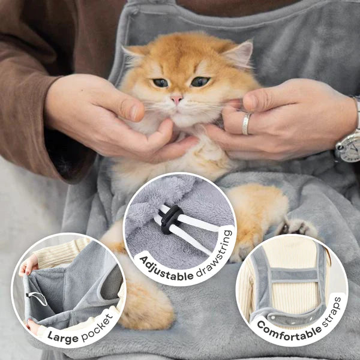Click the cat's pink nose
pyautogui.click(x=177, y=99)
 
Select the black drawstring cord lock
pyautogui.click(x=169, y=220)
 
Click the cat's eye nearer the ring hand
pyautogui.click(x=200, y=82)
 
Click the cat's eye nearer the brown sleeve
pyautogui.click(x=161, y=83)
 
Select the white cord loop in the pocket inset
pyautogui.click(x=37, y=298)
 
